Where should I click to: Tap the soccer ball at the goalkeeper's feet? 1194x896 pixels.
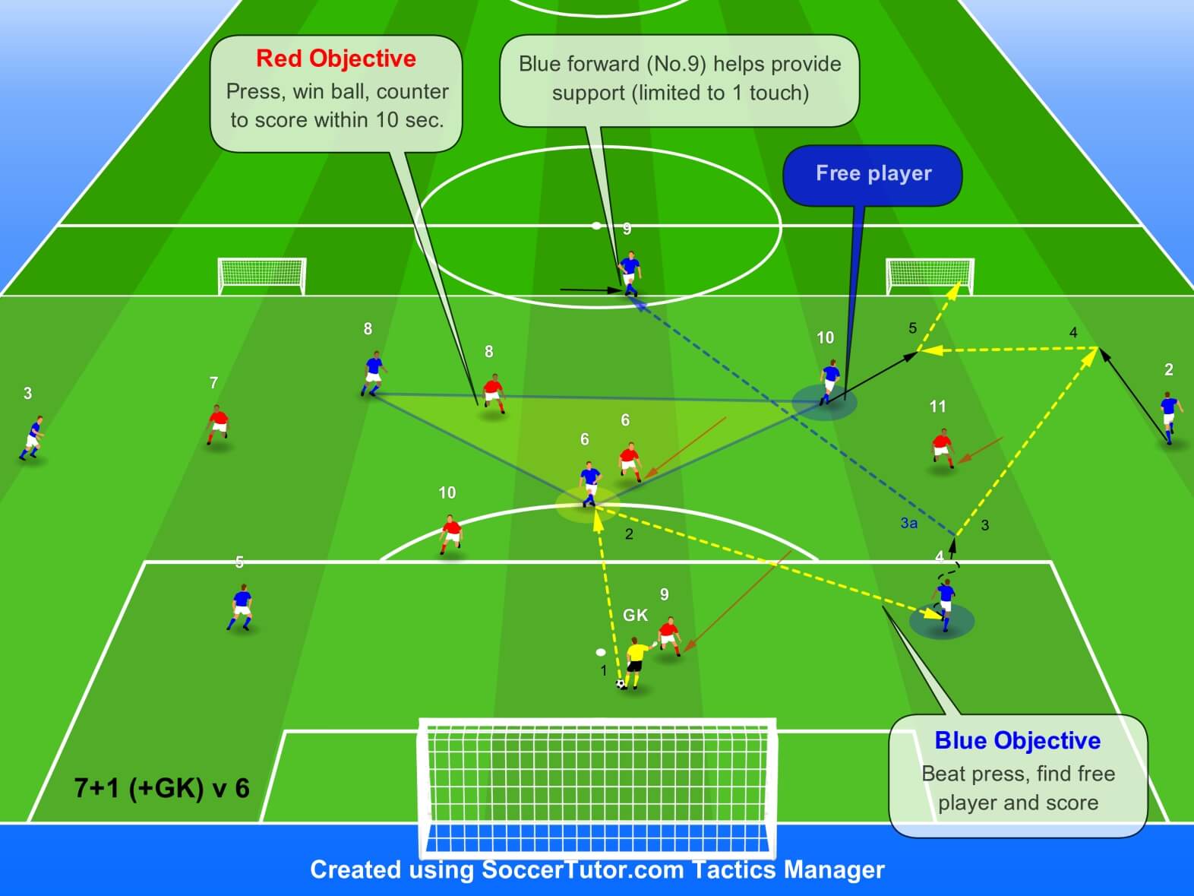point(621,684)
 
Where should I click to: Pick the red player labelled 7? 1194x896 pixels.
point(218,424)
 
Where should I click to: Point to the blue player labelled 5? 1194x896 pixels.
point(242,606)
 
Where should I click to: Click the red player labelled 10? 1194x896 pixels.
point(451,533)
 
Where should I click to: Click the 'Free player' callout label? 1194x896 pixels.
point(873,174)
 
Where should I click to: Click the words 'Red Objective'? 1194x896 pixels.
point(336,59)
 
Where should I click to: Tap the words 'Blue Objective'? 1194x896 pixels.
point(1017,740)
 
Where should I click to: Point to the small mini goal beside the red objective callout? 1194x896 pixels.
point(262,275)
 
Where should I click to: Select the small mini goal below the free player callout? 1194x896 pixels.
point(930,275)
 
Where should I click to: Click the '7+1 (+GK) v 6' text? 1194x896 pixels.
point(162,788)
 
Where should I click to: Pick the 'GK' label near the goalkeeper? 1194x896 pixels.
point(635,615)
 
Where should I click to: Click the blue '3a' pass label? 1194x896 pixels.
point(908,523)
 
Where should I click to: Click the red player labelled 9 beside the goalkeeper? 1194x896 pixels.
point(669,635)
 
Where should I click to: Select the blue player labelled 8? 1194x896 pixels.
point(372,373)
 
